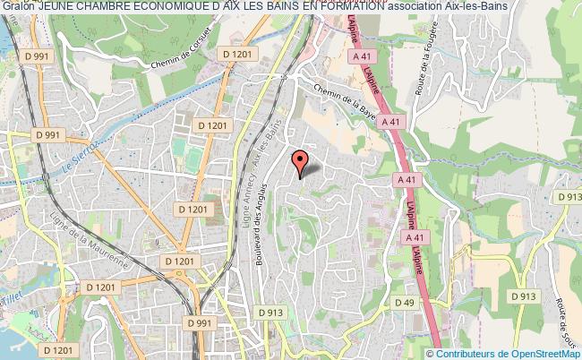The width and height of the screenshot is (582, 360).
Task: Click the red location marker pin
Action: (300, 162)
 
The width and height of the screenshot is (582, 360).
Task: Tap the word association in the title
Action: (422, 6)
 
